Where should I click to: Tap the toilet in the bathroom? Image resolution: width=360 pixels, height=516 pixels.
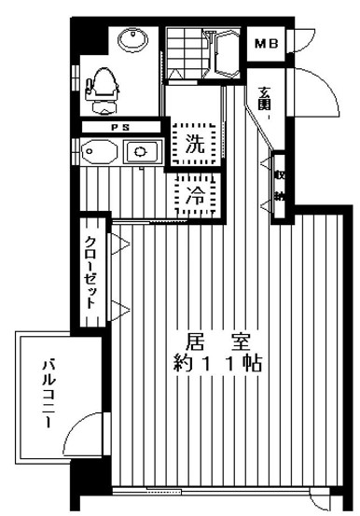point(102,85)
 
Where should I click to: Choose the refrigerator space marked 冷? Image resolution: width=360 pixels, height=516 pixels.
point(194,195)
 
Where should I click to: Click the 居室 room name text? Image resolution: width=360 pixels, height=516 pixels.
point(210,340)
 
